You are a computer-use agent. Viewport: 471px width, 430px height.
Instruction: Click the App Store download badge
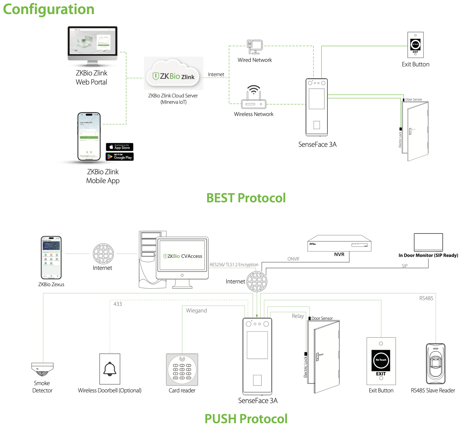coord(120,147)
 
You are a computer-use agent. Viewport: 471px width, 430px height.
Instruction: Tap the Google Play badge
coord(120,157)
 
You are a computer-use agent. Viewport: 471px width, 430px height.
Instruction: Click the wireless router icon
coord(253,97)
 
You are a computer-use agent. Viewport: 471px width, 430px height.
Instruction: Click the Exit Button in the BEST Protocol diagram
coord(415,45)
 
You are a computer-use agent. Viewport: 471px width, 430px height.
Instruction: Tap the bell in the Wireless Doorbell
coord(110,369)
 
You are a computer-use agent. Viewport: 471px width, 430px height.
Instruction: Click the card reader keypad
coord(182,370)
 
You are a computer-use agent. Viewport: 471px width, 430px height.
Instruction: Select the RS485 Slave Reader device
coord(436,364)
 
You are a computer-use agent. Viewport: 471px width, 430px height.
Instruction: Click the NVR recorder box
coord(339,243)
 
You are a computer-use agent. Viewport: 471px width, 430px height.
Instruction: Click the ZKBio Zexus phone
coord(51,257)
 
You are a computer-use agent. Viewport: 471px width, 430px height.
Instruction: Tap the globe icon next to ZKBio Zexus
coord(103,254)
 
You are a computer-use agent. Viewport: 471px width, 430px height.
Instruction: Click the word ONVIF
coord(293,259)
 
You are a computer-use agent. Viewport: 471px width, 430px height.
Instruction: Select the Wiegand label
coord(196,310)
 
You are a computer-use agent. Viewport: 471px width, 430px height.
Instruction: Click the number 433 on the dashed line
coord(117,304)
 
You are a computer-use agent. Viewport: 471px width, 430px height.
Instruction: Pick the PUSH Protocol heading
coord(246,419)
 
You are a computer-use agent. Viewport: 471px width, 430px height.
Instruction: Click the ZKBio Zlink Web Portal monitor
coord(92,44)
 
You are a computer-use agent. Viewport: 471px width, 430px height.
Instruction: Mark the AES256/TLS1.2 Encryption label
coord(234,264)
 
